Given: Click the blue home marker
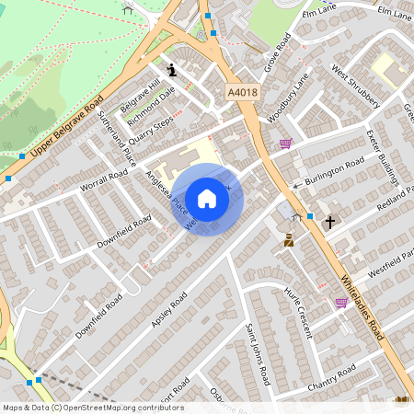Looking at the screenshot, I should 207,199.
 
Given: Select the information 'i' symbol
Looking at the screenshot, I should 171,69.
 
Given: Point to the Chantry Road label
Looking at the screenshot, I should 332,377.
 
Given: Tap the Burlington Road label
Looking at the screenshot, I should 335,171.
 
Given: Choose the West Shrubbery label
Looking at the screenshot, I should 356,86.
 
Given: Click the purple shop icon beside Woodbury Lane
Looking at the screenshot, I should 286,143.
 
